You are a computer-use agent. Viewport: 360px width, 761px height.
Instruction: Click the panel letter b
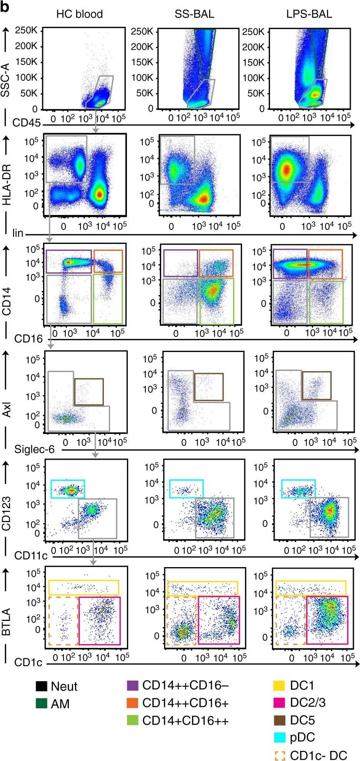[x=5, y=7]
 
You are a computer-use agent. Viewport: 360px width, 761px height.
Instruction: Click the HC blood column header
[x=79, y=14]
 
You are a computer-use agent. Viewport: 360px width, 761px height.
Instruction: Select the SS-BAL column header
[x=194, y=14]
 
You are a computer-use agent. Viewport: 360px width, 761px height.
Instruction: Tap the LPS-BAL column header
[x=309, y=14]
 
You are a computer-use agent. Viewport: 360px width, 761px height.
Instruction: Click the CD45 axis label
[x=27, y=123]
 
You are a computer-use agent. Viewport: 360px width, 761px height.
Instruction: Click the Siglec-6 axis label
[x=34, y=449]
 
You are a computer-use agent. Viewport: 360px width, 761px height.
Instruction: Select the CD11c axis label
[x=31, y=556]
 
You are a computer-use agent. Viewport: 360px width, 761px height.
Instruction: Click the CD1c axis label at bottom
[x=28, y=662]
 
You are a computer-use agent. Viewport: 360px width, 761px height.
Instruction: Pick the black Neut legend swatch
[x=41, y=686]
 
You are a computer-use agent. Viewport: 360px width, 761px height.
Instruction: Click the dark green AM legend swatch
[x=41, y=704]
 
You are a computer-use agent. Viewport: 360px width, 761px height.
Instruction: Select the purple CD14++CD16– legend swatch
[x=132, y=685]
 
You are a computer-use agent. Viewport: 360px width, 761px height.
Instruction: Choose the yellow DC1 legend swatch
[x=279, y=685]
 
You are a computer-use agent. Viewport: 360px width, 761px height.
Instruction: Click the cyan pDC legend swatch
[x=279, y=737]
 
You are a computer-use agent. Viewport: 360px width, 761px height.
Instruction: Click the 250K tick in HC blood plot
[x=26, y=30]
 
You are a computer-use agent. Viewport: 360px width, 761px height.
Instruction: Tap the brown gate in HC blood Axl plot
[x=89, y=392]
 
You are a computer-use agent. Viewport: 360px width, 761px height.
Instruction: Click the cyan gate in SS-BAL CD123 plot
[x=187, y=489]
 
